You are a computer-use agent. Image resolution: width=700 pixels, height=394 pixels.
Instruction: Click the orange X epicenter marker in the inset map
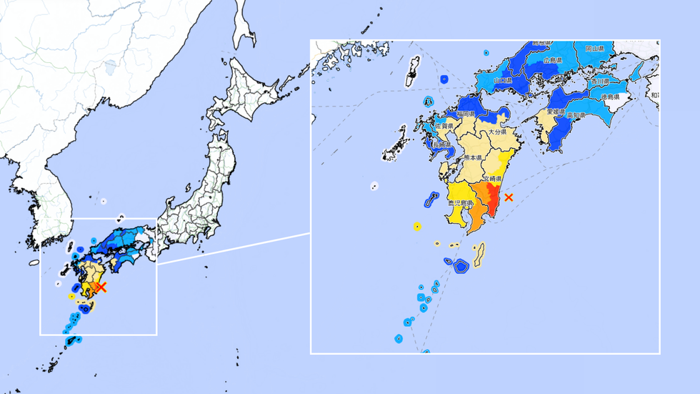pos(509,197)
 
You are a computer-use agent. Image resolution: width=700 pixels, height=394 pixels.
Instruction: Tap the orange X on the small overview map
pos(101,287)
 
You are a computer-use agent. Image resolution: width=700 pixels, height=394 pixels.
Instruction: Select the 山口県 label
pos(503,81)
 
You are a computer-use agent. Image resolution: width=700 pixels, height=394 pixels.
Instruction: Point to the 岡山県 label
pos(596,49)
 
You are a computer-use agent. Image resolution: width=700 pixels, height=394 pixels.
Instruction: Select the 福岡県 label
pos(463,113)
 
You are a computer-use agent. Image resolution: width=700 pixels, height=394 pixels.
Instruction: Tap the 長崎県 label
pos(442,144)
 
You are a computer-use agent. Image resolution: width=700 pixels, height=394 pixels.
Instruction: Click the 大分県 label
pos(497,132)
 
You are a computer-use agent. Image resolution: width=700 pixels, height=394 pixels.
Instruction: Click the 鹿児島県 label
pos(457,204)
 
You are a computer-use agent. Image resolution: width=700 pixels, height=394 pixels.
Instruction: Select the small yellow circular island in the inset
pos(416,227)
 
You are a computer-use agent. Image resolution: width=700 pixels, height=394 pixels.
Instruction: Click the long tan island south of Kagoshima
pos(479,252)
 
